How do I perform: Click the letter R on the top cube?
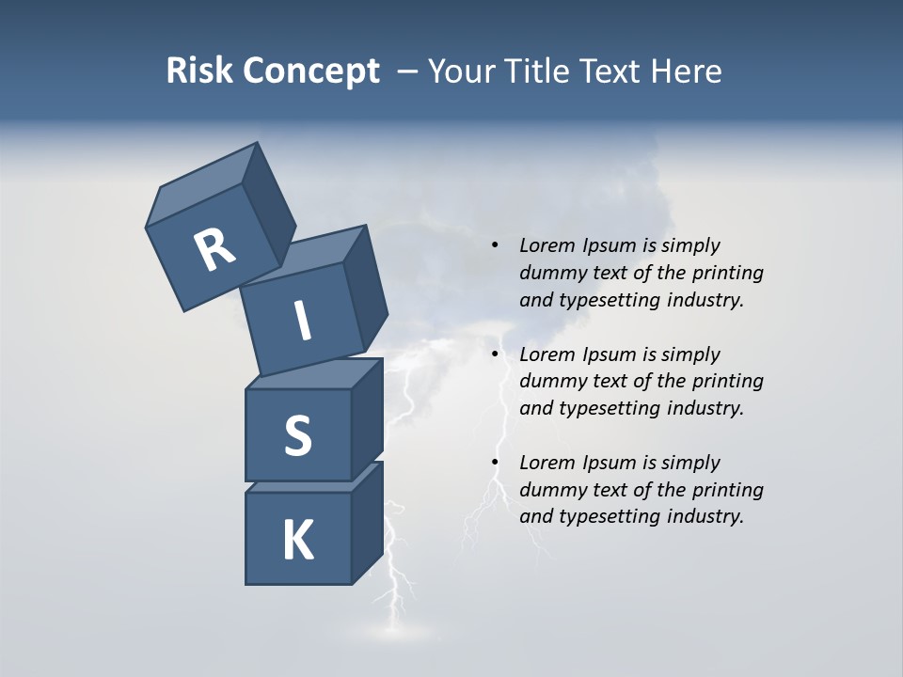214,250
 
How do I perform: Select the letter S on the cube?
297,436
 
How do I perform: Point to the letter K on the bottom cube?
297,541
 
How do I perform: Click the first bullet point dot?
494,245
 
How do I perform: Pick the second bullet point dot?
494,354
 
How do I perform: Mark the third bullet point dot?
494,463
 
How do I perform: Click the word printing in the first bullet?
728,273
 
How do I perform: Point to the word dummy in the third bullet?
549,490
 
